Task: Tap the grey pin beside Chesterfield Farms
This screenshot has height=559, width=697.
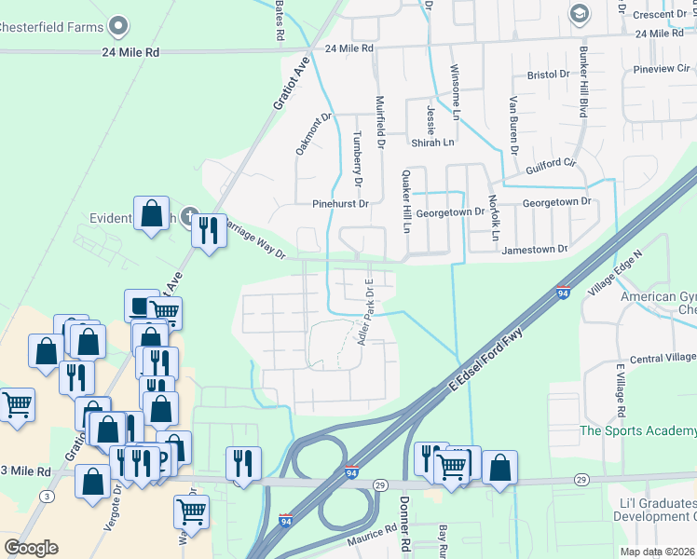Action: pos(118,25)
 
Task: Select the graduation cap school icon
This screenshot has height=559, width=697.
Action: pos(579,13)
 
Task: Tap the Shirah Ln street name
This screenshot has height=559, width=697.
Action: pos(432,143)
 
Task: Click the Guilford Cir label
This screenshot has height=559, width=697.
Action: pos(544,165)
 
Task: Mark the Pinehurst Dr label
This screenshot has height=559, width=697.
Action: pos(341,203)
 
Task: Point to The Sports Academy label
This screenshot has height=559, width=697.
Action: pos(637,430)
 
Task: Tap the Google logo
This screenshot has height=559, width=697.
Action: pos(31,547)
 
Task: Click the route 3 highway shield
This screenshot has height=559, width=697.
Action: pos(47,497)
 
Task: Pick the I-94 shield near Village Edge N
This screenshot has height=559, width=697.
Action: pos(563,292)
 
